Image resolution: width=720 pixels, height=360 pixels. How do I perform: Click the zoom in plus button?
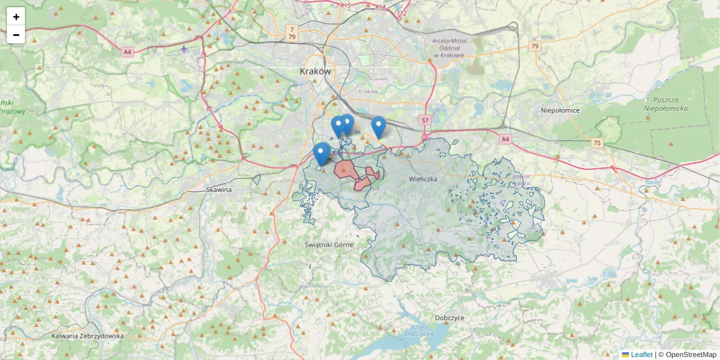[x=16, y=17]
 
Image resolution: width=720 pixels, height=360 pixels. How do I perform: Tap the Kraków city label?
[x=315, y=71]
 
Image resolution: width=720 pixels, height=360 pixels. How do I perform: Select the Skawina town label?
[x=218, y=190]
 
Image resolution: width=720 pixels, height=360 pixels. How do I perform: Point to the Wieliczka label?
[x=424, y=179]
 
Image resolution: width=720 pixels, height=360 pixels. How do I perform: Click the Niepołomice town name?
[x=560, y=110]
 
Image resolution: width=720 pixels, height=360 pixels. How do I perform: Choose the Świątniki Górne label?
[x=329, y=245]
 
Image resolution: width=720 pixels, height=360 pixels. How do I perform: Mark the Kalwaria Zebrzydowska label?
[x=88, y=336]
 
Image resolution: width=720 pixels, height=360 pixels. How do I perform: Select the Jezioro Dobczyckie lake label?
[x=419, y=329]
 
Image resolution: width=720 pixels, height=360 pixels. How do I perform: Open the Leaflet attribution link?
[x=641, y=355]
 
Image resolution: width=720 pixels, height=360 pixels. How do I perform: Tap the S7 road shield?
[x=425, y=121]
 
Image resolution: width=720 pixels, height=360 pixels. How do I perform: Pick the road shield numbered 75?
[x=596, y=143]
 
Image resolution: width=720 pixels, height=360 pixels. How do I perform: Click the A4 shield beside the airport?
[x=127, y=52]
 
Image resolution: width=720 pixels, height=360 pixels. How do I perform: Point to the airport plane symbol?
[x=184, y=49]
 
